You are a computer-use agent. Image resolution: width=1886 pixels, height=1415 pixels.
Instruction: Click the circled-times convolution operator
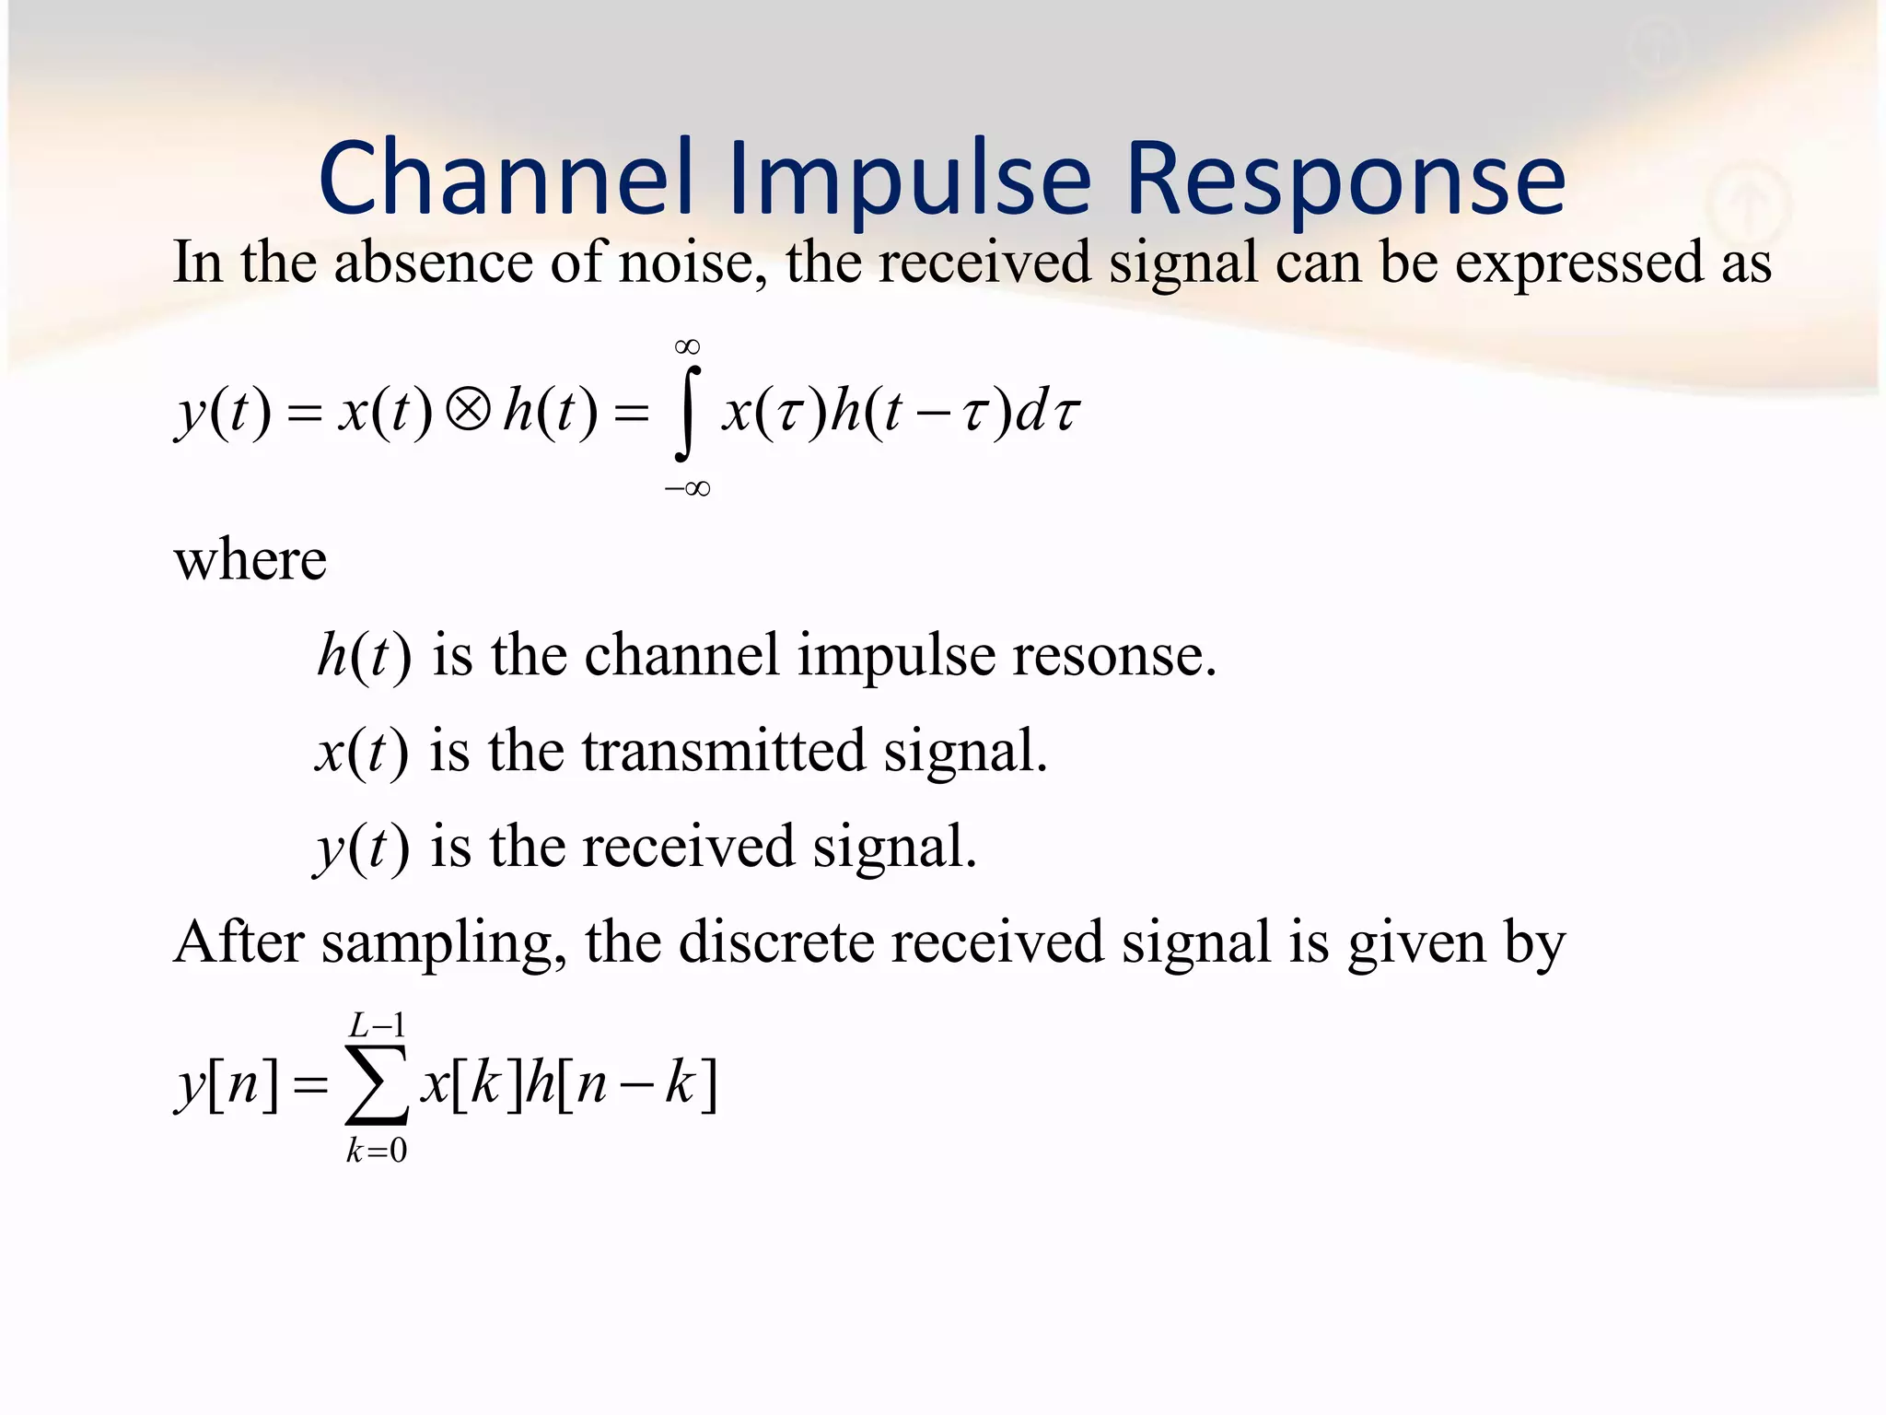coord(468,410)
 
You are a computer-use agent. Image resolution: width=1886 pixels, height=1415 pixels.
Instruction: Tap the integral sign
coord(687,412)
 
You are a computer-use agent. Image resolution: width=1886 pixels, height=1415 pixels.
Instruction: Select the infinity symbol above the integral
coord(687,347)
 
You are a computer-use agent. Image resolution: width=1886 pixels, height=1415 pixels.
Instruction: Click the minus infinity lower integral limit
coord(688,488)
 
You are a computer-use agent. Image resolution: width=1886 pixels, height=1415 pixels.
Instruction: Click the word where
coord(250,559)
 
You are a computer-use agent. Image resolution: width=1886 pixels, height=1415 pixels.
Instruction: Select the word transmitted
coord(724,751)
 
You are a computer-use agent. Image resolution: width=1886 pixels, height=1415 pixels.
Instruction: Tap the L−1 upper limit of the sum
coord(377,1024)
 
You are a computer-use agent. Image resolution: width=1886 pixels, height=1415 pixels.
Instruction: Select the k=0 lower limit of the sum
coord(377,1151)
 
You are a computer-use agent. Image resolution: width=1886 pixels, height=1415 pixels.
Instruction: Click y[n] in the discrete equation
coord(227,1083)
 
